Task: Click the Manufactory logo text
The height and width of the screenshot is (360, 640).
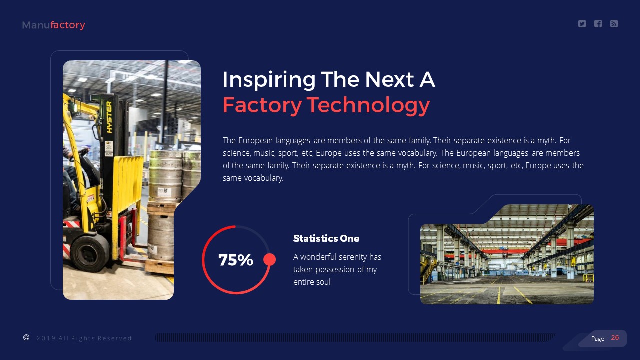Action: (53, 25)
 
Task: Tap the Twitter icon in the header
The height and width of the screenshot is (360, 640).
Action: (582, 24)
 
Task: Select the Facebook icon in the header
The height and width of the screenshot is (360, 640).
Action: (598, 24)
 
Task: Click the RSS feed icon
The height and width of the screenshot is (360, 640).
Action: (614, 24)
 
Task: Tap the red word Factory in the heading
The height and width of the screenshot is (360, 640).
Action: (262, 105)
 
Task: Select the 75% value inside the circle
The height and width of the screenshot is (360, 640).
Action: (236, 260)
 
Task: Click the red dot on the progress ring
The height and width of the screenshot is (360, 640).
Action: (269, 259)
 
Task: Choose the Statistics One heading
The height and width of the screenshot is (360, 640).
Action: (326, 239)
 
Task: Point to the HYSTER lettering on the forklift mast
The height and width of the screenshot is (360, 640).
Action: (109, 117)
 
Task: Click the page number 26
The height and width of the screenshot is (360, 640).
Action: (615, 338)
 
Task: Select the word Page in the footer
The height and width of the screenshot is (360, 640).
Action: (597, 339)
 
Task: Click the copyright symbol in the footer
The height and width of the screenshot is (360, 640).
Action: (26, 338)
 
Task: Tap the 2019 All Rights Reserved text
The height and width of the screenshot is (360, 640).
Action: (84, 338)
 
